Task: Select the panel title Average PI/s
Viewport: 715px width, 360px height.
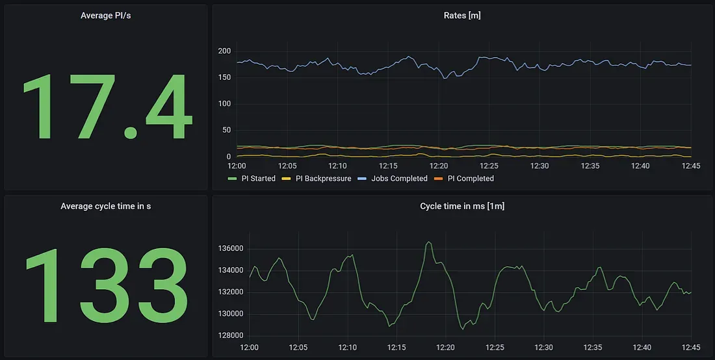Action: pyautogui.click(x=105, y=16)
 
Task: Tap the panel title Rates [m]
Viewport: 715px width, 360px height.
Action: pyautogui.click(x=461, y=16)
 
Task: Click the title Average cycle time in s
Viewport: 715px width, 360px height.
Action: pyautogui.click(x=105, y=206)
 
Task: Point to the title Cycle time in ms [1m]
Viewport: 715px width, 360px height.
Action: pyautogui.click(x=461, y=206)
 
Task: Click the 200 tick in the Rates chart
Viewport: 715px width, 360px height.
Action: pyautogui.click(x=224, y=51)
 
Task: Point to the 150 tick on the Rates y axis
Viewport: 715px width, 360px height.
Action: pyautogui.click(x=224, y=78)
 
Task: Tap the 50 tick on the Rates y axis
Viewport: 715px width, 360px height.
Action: pyautogui.click(x=226, y=131)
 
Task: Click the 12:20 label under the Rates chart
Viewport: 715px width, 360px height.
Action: pyautogui.click(x=439, y=166)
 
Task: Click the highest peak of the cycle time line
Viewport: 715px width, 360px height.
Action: pyautogui.click(x=428, y=242)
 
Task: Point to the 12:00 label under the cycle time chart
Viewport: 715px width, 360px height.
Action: pyautogui.click(x=250, y=348)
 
